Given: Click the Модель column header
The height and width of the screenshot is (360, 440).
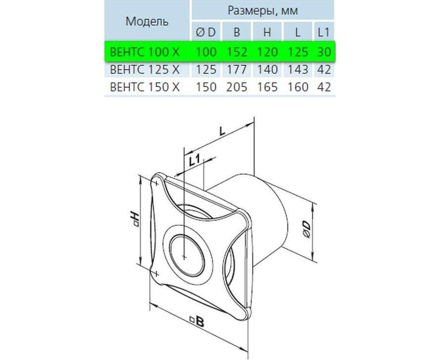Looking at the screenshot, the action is coord(147,21).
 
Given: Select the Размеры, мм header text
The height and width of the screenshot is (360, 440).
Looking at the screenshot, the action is coord(263,10).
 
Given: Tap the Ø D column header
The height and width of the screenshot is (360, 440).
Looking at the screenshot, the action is coord(206,32).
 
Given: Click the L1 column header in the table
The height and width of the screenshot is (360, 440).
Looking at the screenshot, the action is coord(324,32).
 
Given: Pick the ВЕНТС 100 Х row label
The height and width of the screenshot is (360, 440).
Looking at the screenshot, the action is coord(145,52).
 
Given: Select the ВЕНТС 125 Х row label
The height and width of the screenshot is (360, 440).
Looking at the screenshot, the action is coord(145,70).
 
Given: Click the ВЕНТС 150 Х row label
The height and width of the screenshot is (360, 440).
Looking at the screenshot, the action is coord(145,87).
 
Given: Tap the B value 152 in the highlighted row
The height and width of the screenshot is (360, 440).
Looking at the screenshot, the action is coord(237,52).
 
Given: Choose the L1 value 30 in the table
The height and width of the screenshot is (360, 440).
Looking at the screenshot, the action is coord(324,52).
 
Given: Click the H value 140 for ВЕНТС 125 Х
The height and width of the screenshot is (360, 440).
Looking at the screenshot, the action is coord(267,70).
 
